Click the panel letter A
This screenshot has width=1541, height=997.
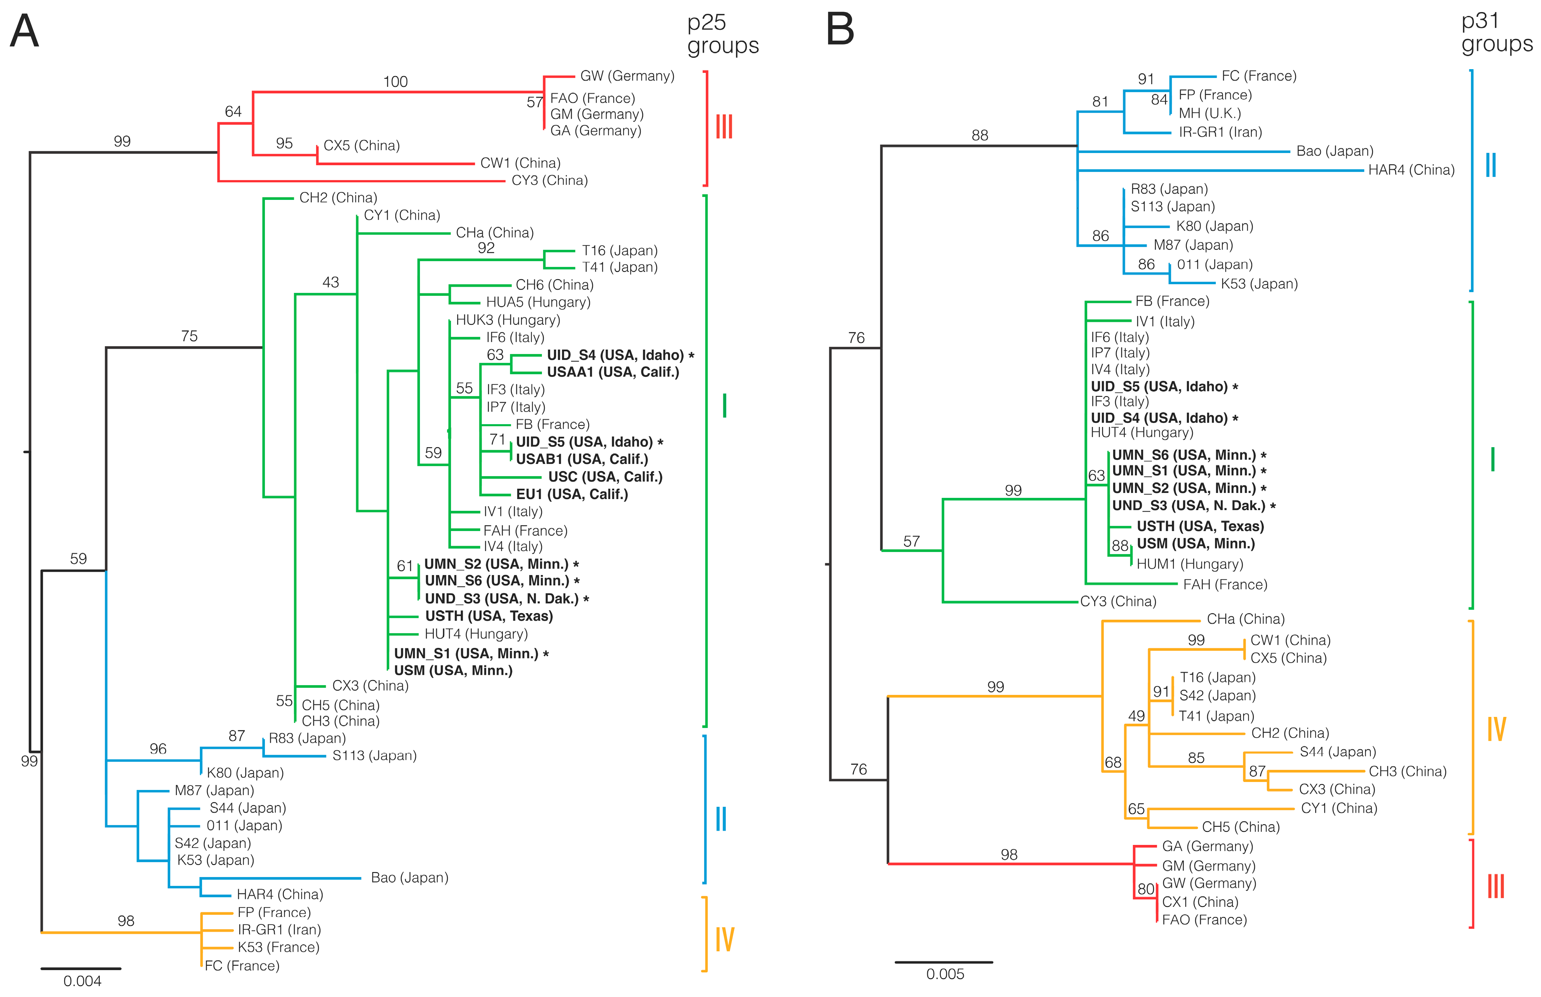pos(25,31)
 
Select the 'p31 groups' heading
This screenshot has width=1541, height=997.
pos(1496,32)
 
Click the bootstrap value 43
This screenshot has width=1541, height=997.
pos(330,282)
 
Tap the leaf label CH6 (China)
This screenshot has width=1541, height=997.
pos(554,285)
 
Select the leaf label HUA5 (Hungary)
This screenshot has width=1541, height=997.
pos(538,302)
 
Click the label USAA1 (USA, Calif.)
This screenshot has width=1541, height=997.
pos(612,372)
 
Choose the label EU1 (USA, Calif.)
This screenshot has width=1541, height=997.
pos(572,495)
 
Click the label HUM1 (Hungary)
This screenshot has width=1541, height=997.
pos(1189,564)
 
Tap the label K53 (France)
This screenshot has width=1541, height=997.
pos(278,947)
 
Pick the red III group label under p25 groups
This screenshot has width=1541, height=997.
pos(724,127)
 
